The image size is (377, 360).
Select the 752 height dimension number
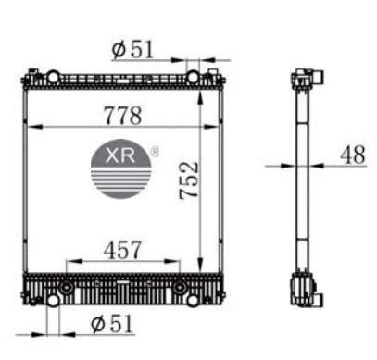tap(189, 183)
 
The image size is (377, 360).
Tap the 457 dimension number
tap(122, 249)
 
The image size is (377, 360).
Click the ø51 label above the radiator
tap(132, 49)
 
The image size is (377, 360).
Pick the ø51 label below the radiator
tap(112, 323)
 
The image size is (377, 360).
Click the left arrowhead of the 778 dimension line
tap(28, 127)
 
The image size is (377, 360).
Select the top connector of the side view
tap(305, 79)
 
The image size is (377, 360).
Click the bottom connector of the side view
tap(305, 292)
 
